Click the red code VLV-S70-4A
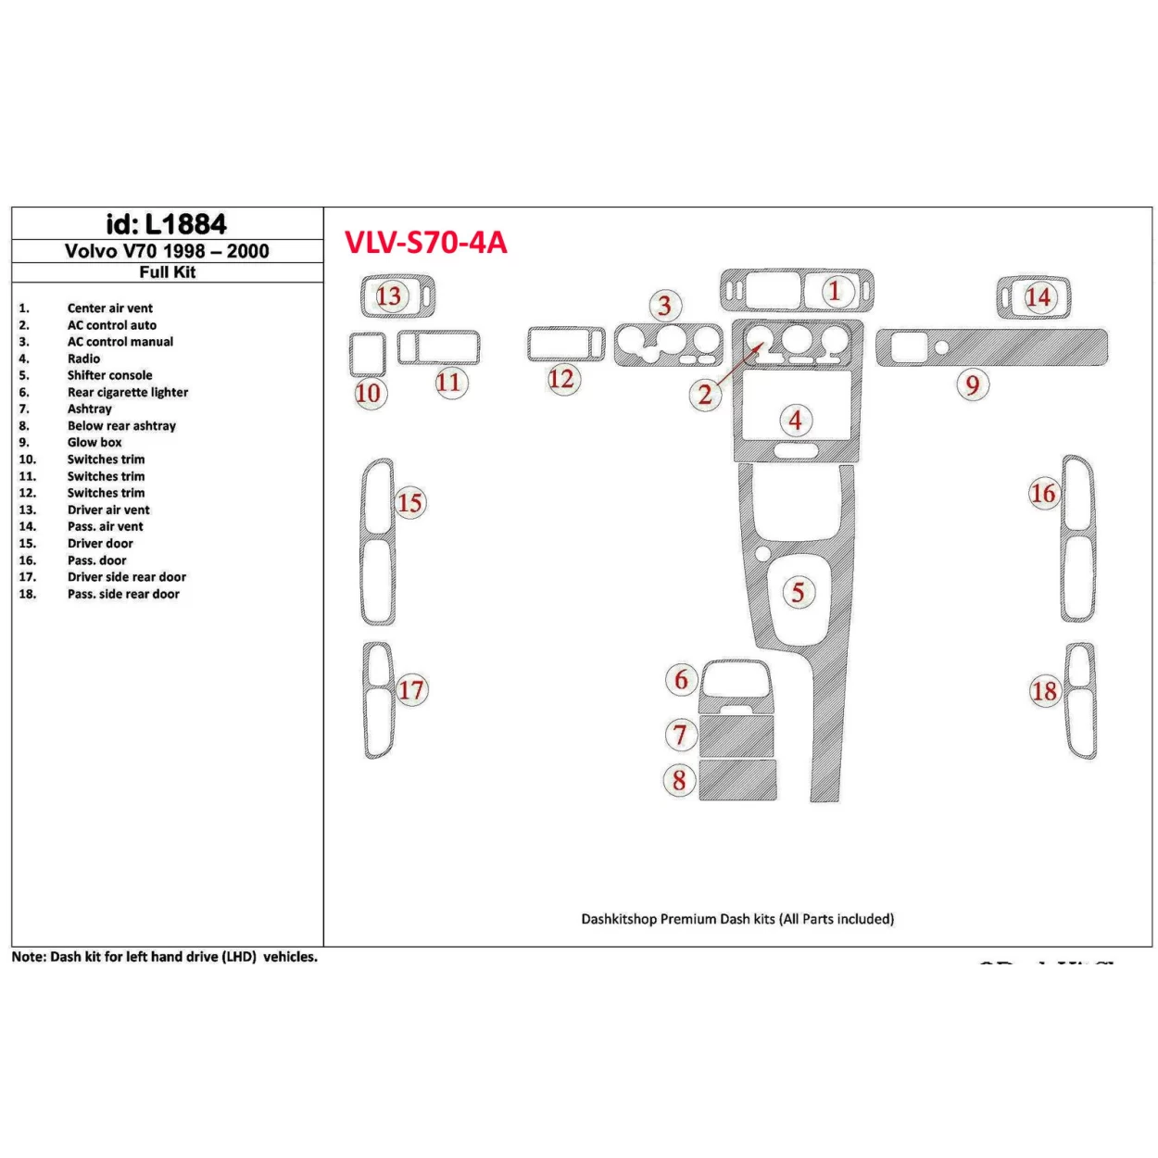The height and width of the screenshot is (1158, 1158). pos(425,243)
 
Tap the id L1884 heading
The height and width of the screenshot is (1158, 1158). pos(167,224)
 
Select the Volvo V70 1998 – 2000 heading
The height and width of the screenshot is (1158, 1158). pos(167,251)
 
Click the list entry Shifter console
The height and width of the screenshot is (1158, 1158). pos(109,375)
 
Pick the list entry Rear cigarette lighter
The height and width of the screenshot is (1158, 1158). pos(127,392)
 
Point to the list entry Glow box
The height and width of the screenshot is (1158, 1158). pos(94,442)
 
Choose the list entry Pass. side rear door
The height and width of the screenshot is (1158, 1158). pos(123,594)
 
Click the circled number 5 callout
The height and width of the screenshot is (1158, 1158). pos(798,592)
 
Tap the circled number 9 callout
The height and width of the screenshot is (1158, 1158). pos(972,384)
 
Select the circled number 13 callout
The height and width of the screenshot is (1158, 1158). pos(389,296)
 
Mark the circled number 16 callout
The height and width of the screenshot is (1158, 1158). pos(1043,494)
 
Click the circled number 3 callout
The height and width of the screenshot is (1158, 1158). pos(664,306)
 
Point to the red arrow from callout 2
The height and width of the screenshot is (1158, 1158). pos(740,368)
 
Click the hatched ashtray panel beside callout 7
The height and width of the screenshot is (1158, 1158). pos(736,736)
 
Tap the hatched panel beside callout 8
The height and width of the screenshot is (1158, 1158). pos(737,780)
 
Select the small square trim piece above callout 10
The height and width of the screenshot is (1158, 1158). pos(368,354)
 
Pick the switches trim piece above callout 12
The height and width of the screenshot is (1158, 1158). pos(565,344)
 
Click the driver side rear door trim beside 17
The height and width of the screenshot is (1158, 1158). pos(378,700)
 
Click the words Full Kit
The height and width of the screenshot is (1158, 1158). pos(167,272)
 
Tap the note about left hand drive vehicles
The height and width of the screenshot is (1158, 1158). pos(164,957)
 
